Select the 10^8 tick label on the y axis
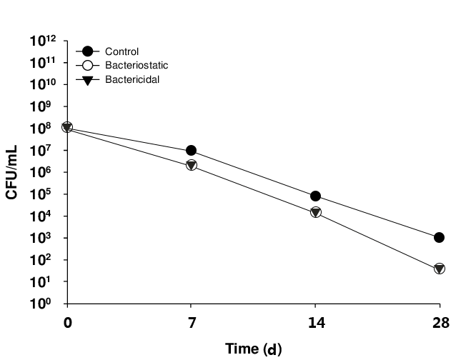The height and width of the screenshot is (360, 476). click(x=47, y=129)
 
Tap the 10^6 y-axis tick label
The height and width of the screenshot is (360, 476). click(x=47, y=173)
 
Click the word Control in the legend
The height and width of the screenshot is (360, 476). click(x=122, y=51)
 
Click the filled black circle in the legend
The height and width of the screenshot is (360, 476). click(x=87, y=51)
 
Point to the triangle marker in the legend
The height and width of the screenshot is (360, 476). click(x=87, y=79)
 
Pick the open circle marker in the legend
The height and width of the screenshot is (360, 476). click(x=87, y=65)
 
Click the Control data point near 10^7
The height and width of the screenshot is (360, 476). click(x=191, y=151)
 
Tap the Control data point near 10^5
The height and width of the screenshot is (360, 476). click(x=315, y=196)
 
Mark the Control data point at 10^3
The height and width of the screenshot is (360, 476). click(x=440, y=238)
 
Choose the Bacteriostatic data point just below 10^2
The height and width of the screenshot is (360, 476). click(x=440, y=269)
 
